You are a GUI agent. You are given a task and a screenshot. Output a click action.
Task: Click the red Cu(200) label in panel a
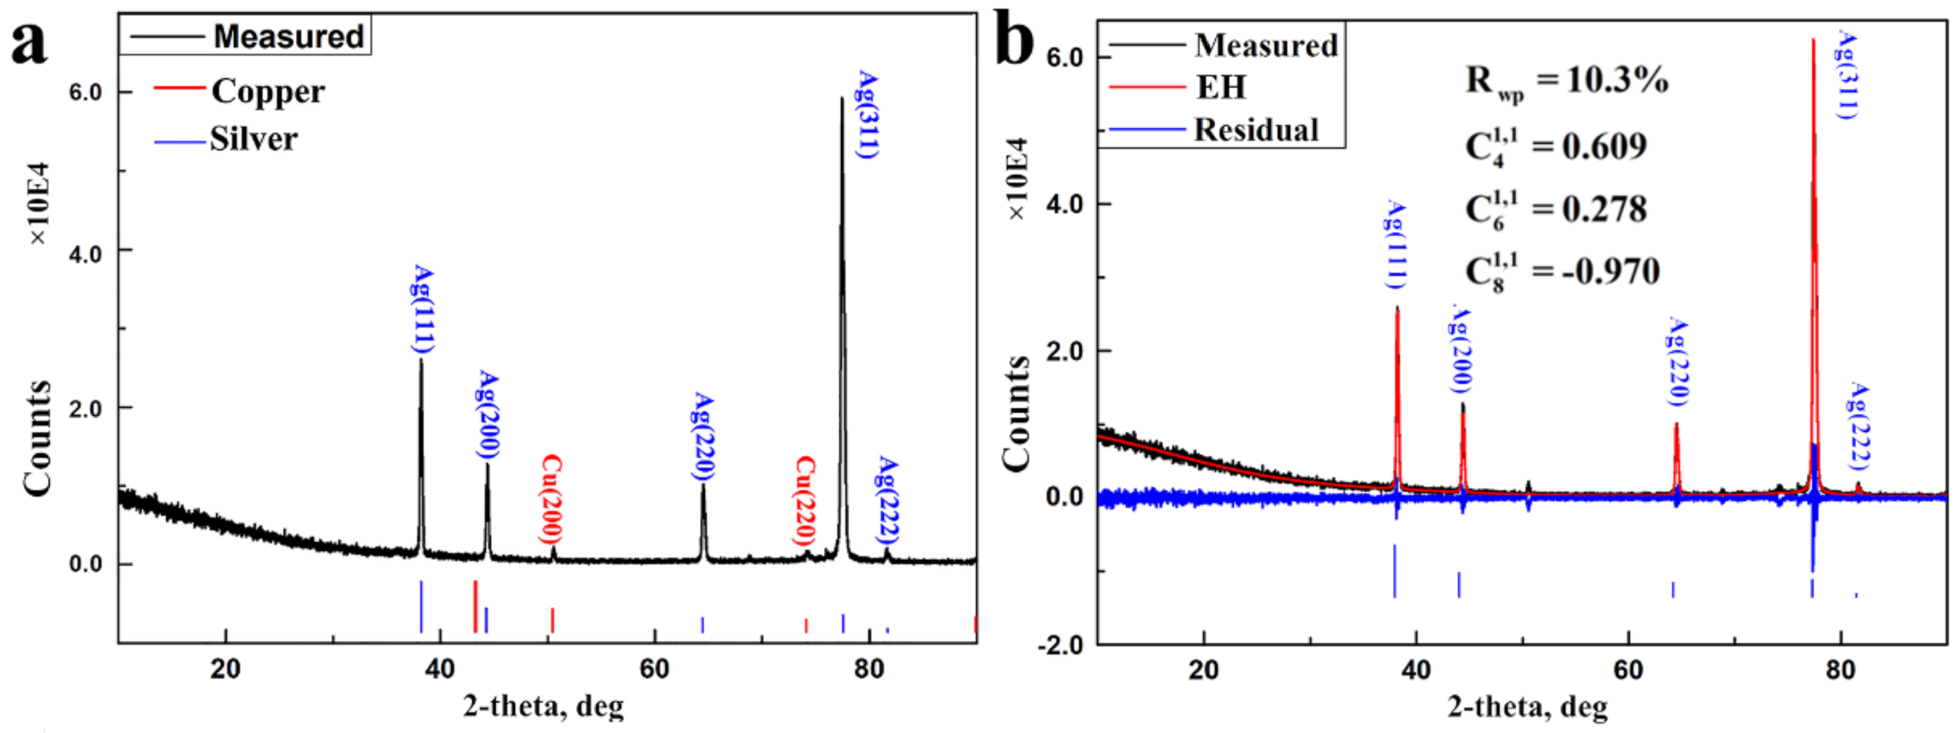coord(551,499)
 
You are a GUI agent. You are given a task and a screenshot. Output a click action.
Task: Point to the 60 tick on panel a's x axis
coord(655,669)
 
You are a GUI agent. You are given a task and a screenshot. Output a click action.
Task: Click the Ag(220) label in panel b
coord(1677,363)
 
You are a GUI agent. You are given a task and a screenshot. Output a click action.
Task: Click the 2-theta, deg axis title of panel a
coord(544,706)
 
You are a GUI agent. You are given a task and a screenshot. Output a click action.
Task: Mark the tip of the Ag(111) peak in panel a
coord(421,360)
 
